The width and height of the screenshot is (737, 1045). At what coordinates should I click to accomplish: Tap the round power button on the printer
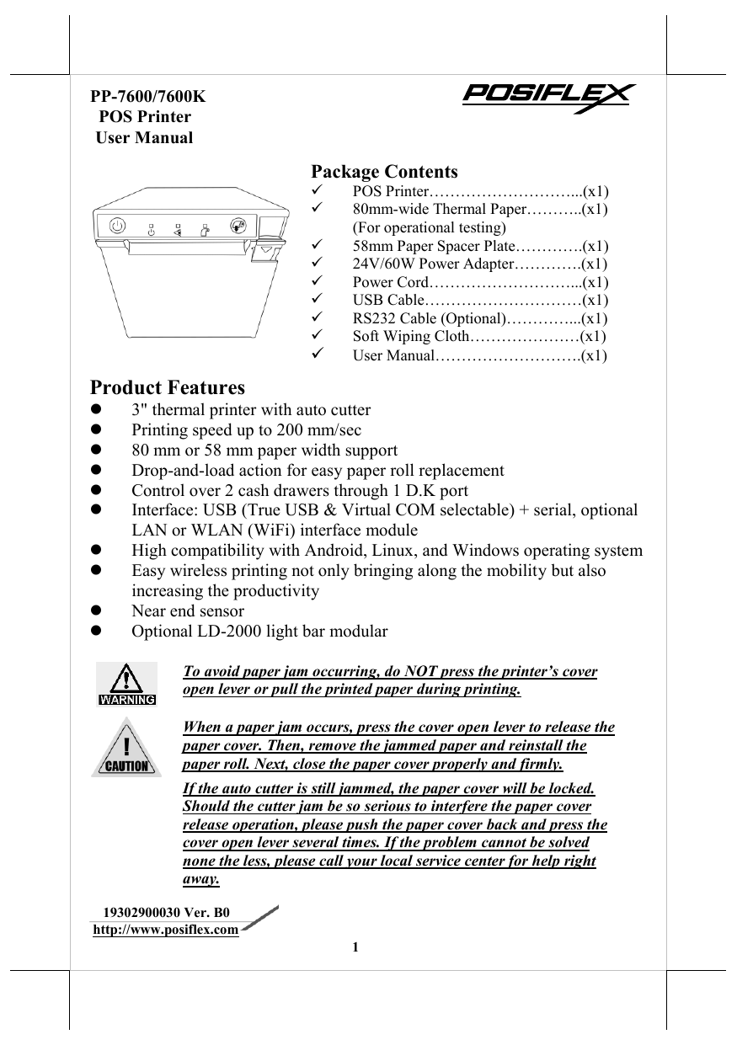tap(118, 226)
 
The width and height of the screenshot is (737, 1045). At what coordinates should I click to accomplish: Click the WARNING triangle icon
tap(126, 682)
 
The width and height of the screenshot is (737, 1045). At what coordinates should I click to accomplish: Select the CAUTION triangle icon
tap(126, 746)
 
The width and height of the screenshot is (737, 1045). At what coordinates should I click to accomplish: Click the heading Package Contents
tap(384, 172)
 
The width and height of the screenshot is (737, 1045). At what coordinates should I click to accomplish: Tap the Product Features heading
tap(168, 388)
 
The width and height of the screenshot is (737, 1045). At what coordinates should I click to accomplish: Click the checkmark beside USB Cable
tap(317, 300)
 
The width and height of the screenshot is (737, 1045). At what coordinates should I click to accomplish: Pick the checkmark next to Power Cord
tap(317, 281)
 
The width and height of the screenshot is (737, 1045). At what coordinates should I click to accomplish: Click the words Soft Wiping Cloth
tap(409, 337)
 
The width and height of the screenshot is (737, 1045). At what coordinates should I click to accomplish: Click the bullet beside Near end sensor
tap(97, 611)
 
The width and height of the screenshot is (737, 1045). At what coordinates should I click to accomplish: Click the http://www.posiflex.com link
tap(165, 929)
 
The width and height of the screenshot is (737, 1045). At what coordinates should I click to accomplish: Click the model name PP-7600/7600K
tap(148, 96)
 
